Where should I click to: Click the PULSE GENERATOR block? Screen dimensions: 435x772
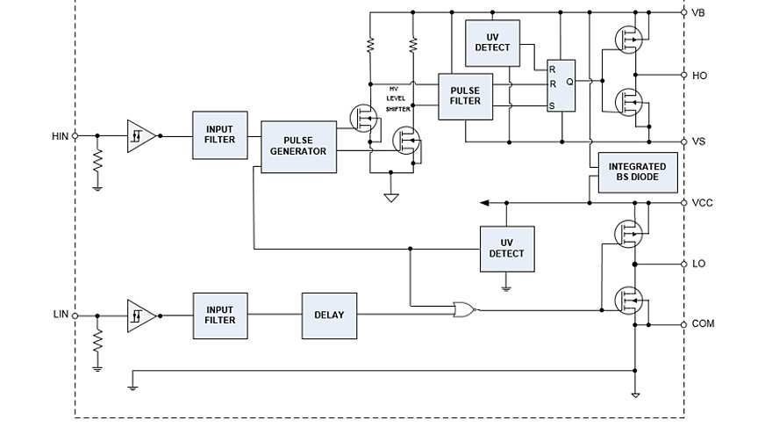pyautogui.click(x=298, y=147)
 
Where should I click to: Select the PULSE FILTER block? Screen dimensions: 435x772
pyautogui.click(x=465, y=96)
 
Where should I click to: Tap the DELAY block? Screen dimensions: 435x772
pyautogui.click(x=329, y=315)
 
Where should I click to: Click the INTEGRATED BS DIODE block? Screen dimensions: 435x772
pyautogui.click(x=637, y=172)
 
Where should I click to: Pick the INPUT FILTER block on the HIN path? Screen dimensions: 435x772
pyautogui.click(x=219, y=134)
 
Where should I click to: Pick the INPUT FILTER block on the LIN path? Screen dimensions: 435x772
pyautogui.click(x=219, y=315)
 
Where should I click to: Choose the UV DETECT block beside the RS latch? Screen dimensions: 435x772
pyautogui.click(x=491, y=41)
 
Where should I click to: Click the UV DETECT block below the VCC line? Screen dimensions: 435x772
pyautogui.click(x=506, y=249)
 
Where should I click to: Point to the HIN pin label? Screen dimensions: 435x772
pyautogui.click(x=60, y=136)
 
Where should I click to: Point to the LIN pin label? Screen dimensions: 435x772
pyautogui.click(x=61, y=314)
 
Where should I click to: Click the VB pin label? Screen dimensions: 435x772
pyautogui.click(x=698, y=13)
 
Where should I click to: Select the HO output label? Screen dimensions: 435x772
pyautogui.click(x=699, y=76)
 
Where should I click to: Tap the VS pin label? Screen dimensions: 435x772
pyautogui.click(x=698, y=141)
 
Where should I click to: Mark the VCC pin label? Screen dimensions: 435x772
pyautogui.click(x=702, y=203)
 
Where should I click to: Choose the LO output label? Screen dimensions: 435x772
pyautogui.click(x=698, y=264)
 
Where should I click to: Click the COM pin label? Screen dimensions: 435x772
pyautogui.click(x=703, y=324)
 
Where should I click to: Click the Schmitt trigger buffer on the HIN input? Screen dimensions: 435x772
pyautogui.click(x=140, y=136)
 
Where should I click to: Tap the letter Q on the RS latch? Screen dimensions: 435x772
pyautogui.click(x=569, y=82)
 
